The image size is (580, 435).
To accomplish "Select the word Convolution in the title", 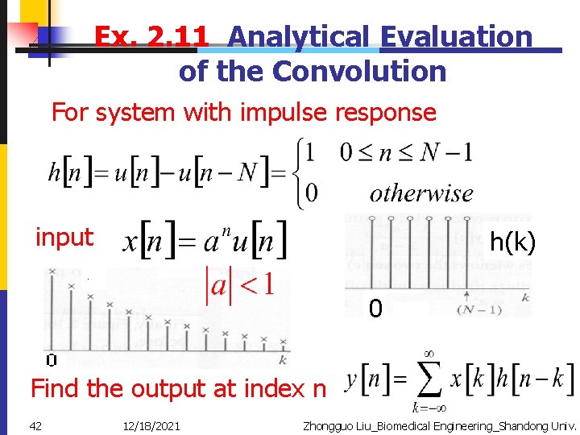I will click(359, 72).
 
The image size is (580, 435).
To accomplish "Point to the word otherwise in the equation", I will click(421, 193).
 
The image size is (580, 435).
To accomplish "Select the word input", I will click(64, 238).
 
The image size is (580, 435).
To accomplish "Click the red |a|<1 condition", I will click(241, 284).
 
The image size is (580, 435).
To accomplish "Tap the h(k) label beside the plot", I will click(512, 242).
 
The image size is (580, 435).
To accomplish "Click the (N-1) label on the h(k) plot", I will click(477, 310).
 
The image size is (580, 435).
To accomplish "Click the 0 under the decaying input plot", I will click(51, 361).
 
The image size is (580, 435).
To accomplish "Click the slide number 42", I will click(36, 425).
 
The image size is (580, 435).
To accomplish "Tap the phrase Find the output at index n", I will click(178, 389).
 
